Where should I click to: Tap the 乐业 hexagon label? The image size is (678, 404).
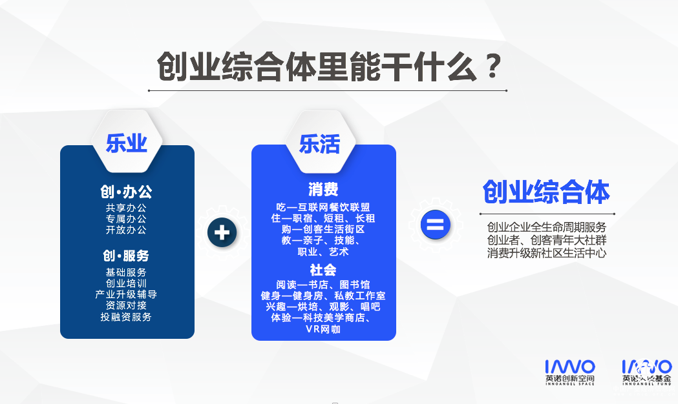click(x=127, y=144)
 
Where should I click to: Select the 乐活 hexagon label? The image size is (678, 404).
click(x=319, y=144)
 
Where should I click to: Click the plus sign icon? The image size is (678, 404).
click(x=222, y=232)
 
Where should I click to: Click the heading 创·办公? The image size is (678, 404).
click(x=127, y=192)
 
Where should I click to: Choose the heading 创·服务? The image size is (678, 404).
click(x=126, y=256)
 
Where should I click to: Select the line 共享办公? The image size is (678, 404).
click(x=127, y=208)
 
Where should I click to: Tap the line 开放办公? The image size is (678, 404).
click(x=127, y=230)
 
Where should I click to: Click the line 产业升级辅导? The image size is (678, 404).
click(x=126, y=294)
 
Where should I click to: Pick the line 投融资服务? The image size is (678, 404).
click(x=126, y=317)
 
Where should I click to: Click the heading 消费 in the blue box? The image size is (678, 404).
click(x=323, y=190)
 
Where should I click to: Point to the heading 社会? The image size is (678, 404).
click(x=323, y=270)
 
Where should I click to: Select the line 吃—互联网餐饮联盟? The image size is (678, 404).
click(x=323, y=207)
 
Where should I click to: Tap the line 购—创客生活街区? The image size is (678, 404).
click(x=323, y=229)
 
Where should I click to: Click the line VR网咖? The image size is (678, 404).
click(x=323, y=329)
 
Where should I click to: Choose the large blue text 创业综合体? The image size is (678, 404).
click(x=546, y=192)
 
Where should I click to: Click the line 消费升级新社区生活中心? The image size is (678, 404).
click(x=547, y=253)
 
